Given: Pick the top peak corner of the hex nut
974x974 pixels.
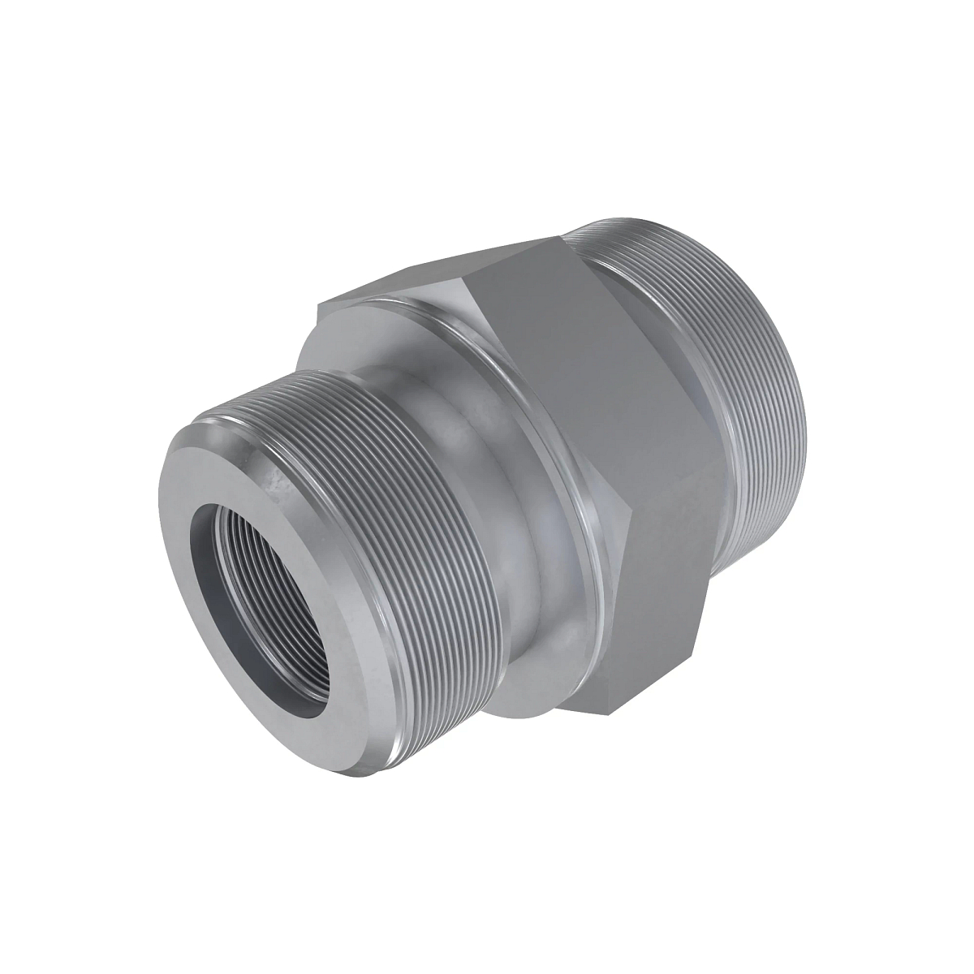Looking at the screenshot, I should coord(560,236).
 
